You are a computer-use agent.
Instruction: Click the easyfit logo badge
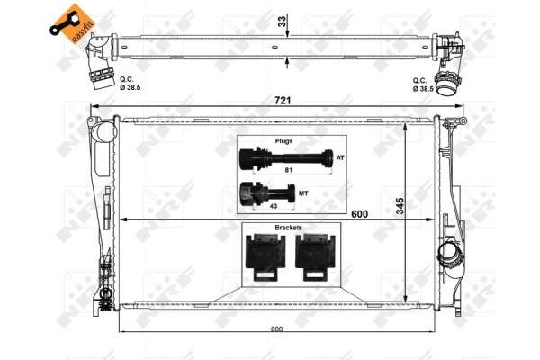(72, 23)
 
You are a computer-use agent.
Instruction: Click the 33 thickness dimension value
(282, 22)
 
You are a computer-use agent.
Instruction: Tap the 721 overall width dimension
(283, 100)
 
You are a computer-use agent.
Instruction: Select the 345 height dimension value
(400, 206)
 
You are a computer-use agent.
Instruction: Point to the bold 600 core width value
(359, 214)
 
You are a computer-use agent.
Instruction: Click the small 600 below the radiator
(276, 329)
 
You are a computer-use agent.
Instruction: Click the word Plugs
(283, 141)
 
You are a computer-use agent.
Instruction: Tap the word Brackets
(288, 228)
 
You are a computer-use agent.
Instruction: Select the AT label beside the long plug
(340, 158)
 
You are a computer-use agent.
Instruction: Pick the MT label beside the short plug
(303, 193)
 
